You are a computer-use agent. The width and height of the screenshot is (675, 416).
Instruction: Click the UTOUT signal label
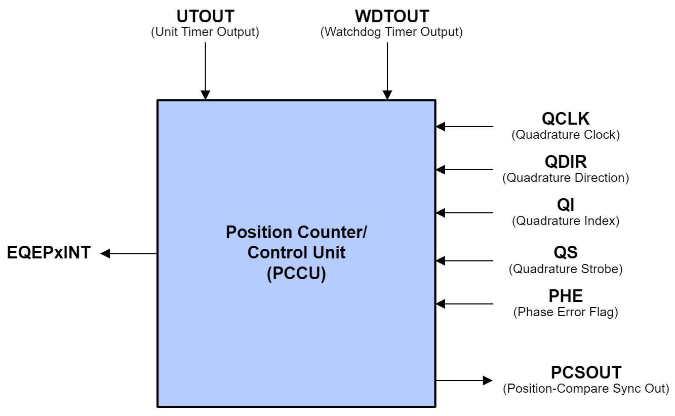[205, 16]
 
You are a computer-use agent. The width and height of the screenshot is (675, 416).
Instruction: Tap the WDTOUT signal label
[392, 16]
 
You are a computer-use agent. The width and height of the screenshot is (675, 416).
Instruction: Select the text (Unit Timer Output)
[205, 32]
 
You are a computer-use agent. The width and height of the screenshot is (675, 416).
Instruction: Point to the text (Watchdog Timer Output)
[391, 32]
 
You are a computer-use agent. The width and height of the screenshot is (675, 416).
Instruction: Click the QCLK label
[566, 119]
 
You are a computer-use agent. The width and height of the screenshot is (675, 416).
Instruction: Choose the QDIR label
[566, 162]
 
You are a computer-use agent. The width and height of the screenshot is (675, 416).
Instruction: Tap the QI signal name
[566, 205]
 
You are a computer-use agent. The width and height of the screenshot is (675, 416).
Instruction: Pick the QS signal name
[566, 253]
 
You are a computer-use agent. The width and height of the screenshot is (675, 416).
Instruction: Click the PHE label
[566, 296]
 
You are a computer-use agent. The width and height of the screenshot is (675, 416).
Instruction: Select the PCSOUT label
[586, 372]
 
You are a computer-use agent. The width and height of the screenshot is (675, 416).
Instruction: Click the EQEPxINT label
[49, 252]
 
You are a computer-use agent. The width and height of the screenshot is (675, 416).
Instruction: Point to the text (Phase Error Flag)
[566, 312]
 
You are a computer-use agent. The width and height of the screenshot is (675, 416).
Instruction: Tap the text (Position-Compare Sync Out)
[586, 389]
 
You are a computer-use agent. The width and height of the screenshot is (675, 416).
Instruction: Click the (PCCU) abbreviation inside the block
[296, 274]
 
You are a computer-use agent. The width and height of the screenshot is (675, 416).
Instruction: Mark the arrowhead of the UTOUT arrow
[205, 95]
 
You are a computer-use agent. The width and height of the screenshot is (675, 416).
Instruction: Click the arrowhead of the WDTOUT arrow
[387, 95]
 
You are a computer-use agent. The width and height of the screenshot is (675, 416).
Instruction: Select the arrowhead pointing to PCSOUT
[488, 380]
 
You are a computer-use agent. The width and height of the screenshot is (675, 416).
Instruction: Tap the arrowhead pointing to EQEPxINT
[105, 253]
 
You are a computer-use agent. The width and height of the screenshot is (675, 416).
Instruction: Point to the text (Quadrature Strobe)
[566, 269]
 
